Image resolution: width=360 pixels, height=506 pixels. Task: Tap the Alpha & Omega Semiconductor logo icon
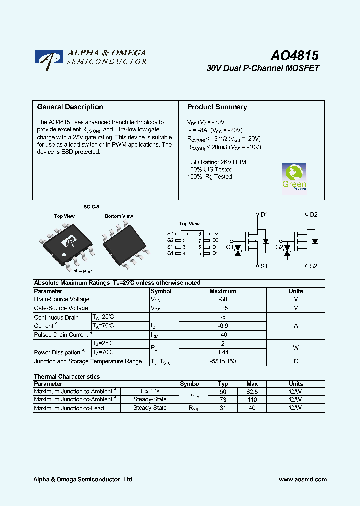click(49, 57)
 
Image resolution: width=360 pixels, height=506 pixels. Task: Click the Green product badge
click(294, 177)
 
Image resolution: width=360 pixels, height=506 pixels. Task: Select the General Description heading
click(70, 107)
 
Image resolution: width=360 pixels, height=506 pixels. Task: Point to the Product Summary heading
click(217, 107)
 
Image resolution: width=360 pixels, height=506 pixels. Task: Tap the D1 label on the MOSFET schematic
click(264, 215)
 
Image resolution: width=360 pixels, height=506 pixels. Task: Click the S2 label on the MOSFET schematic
click(313, 266)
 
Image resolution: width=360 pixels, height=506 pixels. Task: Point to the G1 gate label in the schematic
click(229, 247)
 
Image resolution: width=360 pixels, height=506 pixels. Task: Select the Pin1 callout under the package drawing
click(87, 271)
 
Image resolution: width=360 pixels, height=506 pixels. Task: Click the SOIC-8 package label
click(91, 206)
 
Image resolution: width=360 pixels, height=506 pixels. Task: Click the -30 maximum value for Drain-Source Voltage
click(223, 299)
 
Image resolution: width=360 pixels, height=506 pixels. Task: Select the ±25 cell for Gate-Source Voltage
click(223, 308)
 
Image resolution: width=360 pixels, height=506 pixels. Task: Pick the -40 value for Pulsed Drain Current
click(223, 335)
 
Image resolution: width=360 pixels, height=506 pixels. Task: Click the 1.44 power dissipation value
click(223, 352)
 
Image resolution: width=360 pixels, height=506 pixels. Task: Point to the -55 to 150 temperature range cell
click(223, 361)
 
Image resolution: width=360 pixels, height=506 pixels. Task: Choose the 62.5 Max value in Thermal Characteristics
click(252, 392)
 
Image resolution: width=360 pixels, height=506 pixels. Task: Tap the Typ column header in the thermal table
click(223, 384)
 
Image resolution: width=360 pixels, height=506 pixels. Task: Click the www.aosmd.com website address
click(303, 479)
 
